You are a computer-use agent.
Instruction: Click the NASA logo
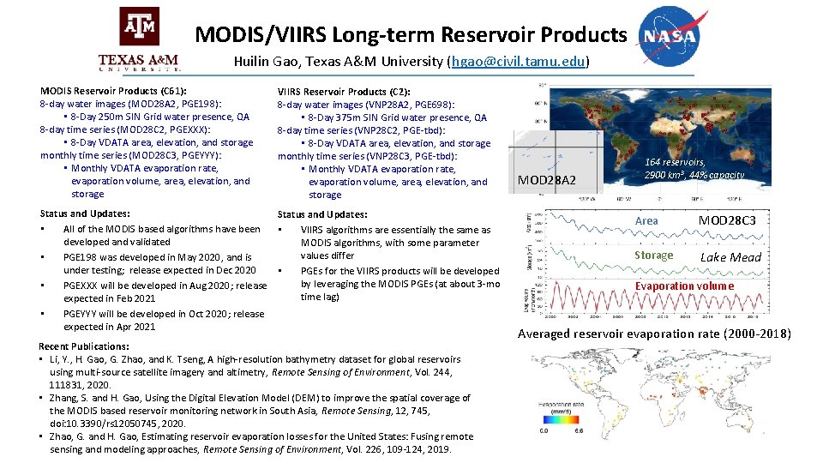(x=676, y=36)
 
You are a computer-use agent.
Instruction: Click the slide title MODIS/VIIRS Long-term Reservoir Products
(x=411, y=34)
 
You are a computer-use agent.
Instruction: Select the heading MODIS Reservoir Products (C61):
(x=114, y=90)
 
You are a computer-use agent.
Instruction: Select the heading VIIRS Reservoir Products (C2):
(x=343, y=92)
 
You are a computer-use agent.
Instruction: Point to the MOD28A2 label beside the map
(x=548, y=179)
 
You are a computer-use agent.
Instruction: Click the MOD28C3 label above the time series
(x=727, y=220)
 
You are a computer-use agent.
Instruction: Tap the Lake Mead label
(x=730, y=257)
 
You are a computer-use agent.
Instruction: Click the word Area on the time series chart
(x=646, y=221)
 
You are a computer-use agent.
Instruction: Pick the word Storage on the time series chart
(x=653, y=255)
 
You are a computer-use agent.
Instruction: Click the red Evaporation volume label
(x=684, y=286)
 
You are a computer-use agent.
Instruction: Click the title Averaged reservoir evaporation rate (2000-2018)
(x=654, y=334)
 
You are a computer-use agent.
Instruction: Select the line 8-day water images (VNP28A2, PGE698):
(x=365, y=105)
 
